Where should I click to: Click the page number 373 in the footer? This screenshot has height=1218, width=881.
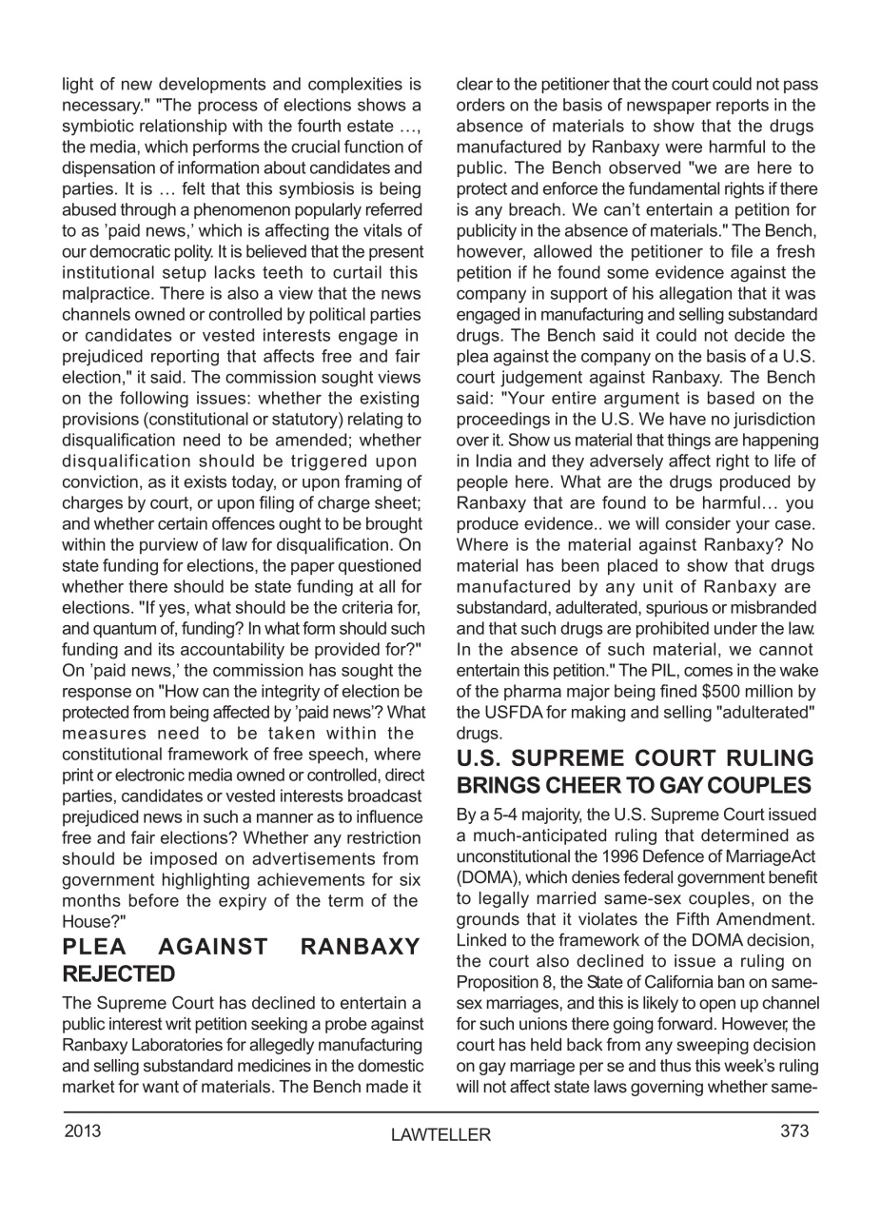794,1130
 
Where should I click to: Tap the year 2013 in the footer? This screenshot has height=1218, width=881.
82,1130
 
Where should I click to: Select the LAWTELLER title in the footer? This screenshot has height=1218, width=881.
440,1134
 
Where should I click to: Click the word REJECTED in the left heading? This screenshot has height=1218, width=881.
119,973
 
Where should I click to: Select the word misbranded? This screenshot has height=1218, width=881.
773,607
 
